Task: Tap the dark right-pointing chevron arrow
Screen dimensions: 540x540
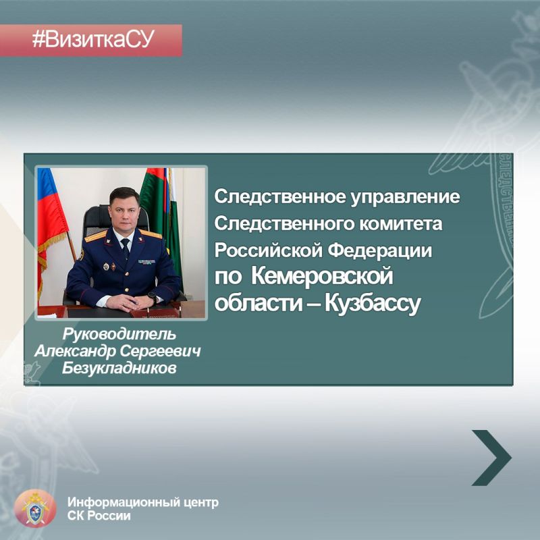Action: pyautogui.click(x=491, y=457)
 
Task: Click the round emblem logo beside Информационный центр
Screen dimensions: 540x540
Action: pyautogui.click(x=34, y=508)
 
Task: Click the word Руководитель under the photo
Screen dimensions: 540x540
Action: pyautogui.click(x=119, y=334)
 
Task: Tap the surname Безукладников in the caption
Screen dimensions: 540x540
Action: pyautogui.click(x=119, y=368)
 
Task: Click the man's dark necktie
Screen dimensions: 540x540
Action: pyautogui.click(x=125, y=249)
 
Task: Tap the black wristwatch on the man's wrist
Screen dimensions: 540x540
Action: pyautogui.click(x=153, y=296)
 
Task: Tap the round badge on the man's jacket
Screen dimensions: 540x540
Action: pyautogui.click(x=105, y=267)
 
